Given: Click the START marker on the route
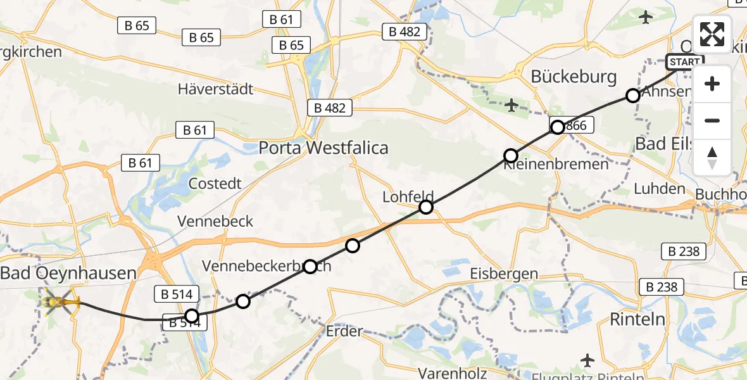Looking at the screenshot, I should pyautogui.click(x=684, y=62).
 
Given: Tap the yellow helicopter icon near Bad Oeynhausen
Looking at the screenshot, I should pyautogui.click(x=61, y=302).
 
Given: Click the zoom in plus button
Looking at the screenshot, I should pyautogui.click(x=712, y=84).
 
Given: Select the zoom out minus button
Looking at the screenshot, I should pyautogui.click(x=712, y=120).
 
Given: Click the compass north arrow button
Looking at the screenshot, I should pyautogui.click(x=712, y=158).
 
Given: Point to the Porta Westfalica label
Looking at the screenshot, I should pyautogui.click(x=323, y=148).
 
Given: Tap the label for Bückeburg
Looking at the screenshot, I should pyautogui.click(x=574, y=77).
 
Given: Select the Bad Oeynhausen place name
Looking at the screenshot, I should pyautogui.click(x=68, y=274).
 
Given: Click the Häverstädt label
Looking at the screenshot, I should pyautogui.click(x=215, y=89).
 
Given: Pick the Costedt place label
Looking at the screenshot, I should pyautogui.click(x=215, y=184).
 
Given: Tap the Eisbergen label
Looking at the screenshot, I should pyautogui.click(x=504, y=274).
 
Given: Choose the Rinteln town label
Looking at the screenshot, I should pyautogui.click(x=639, y=319).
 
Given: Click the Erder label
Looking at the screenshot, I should pyautogui.click(x=344, y=331).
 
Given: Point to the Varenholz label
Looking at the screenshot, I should pyautogui.click(x=452, y=373).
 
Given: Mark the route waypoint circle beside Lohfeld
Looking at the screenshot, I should pyautogui.click(x=426, y=207).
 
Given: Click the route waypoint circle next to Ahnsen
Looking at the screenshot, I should pyautogui.click(x=632, y=96).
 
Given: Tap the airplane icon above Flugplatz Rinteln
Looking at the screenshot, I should pyautogui.click(x=587, y=360).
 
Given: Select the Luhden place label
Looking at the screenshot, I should pyautogui.click(x=659, y=188).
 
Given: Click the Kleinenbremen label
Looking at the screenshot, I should pyautogui.click(x=556, y=165).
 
